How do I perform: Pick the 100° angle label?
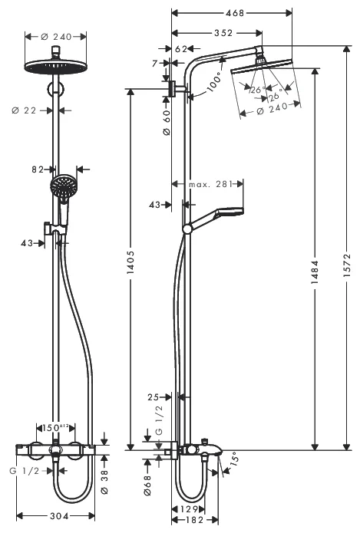pos(213,78)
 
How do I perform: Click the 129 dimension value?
pos(190,508)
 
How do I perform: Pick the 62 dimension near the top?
pos(182,48)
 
